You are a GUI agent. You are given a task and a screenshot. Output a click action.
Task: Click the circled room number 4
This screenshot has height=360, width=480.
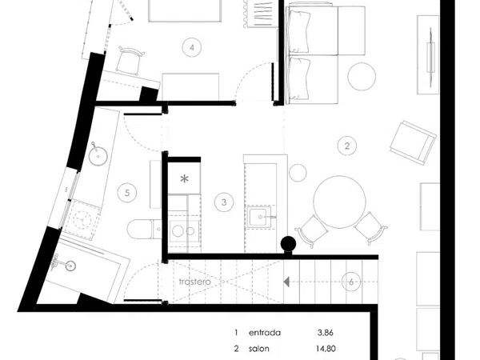192,47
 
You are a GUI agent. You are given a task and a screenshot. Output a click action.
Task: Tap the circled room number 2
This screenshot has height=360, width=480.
347,146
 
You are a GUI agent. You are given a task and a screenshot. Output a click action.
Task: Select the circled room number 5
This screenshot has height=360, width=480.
127,193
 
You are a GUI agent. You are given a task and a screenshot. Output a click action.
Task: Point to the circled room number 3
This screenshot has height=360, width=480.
224,202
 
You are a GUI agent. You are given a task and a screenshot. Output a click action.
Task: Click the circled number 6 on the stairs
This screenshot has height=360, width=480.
351,282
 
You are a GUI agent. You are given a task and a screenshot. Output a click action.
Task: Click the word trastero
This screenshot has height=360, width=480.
194,282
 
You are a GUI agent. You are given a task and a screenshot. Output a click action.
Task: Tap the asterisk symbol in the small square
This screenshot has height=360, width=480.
184,179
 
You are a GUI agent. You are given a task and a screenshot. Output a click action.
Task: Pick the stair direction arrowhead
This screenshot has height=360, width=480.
286,282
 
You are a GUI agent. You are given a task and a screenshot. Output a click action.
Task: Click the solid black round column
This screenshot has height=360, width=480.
288,244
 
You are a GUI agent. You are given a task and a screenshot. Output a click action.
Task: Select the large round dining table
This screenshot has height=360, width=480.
339,202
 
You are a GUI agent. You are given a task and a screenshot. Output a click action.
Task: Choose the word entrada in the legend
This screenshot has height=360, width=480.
265,333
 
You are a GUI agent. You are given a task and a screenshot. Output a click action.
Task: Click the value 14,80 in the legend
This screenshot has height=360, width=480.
326,349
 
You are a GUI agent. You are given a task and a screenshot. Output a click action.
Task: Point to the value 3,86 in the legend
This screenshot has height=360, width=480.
325,333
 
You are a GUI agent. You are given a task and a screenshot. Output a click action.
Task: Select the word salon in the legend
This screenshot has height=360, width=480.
259,349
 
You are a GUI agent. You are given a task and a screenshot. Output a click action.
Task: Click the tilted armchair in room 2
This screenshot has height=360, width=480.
414,142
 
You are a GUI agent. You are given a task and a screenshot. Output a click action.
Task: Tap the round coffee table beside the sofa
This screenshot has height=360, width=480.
362,77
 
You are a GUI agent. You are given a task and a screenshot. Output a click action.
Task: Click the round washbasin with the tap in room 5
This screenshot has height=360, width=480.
98,155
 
